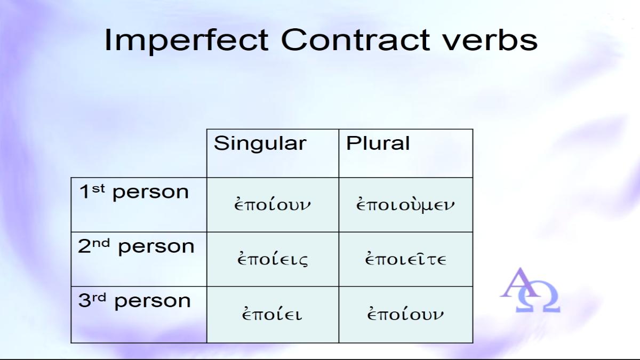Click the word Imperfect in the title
coord(186,41)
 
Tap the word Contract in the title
coord(355,39)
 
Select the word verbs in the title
coord(490,39)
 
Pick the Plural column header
coord(378,143)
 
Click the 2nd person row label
coord(136,247)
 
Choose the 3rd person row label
coord(134,301)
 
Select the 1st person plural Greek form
coord(405,204)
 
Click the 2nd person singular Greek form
coord(273,259)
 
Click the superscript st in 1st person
coord(98,189)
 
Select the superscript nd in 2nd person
coord(101,243)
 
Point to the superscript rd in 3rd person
coord(99,298)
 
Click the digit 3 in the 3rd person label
coord(84,301)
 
